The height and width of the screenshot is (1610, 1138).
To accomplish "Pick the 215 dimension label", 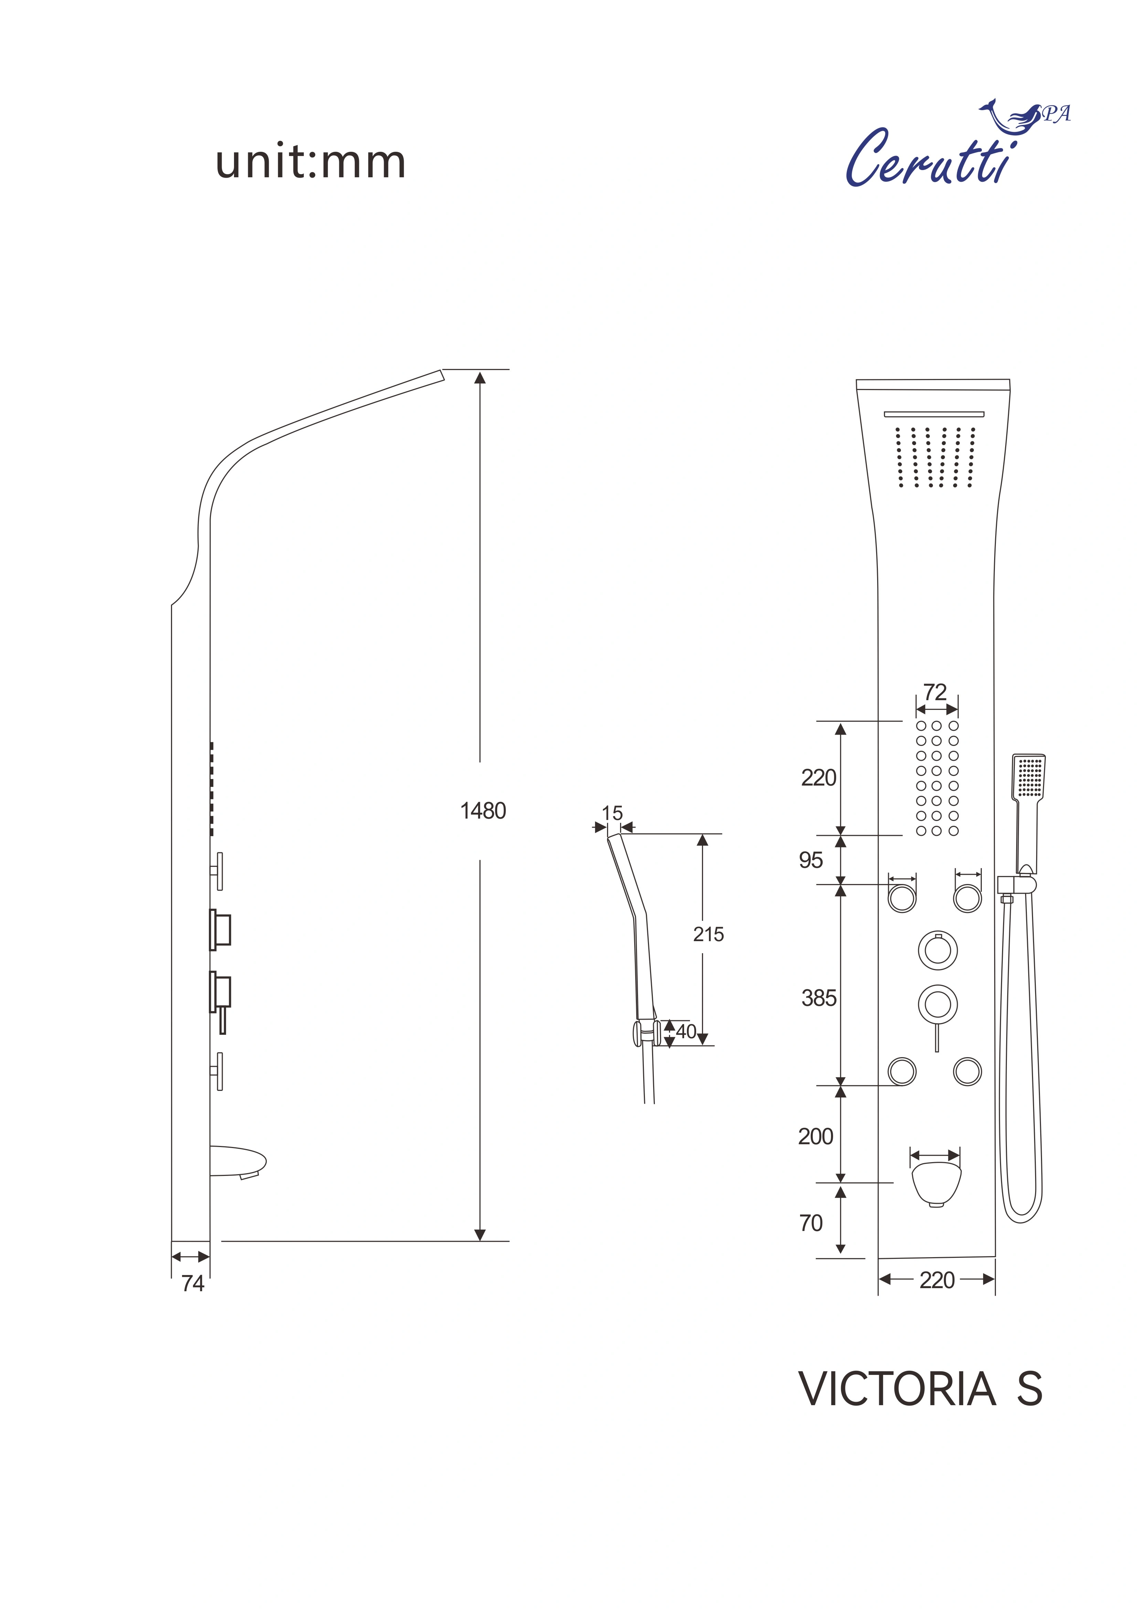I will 708,934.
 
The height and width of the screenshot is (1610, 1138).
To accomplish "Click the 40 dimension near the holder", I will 686,1031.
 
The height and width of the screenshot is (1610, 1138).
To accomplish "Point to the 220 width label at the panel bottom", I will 937,1281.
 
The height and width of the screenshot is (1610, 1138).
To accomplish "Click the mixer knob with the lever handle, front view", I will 937,1005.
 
